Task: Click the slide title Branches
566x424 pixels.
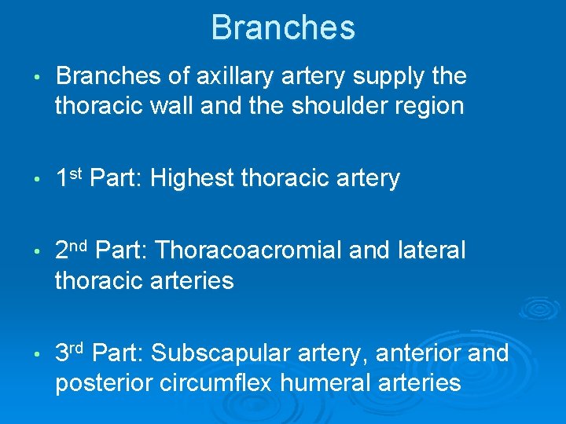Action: click(283, 27)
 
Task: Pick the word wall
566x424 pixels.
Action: click(171, 106)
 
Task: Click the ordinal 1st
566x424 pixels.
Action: click(69, 178)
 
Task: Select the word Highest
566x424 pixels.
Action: click(192, 179)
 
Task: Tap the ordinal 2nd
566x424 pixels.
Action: click(74, 250)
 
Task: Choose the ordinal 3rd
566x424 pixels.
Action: click(72, 353)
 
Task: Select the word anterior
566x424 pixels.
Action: click(419, 354)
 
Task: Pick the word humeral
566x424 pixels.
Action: click(327, 382)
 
